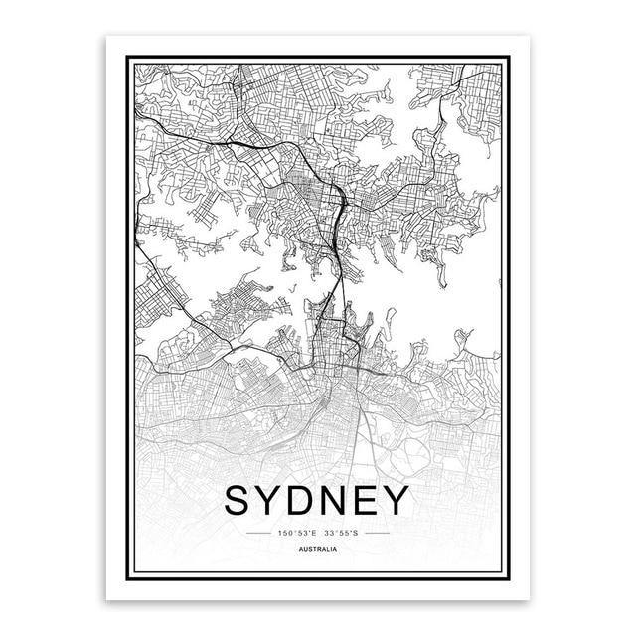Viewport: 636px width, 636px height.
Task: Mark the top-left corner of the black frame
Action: tap(125, 56)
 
